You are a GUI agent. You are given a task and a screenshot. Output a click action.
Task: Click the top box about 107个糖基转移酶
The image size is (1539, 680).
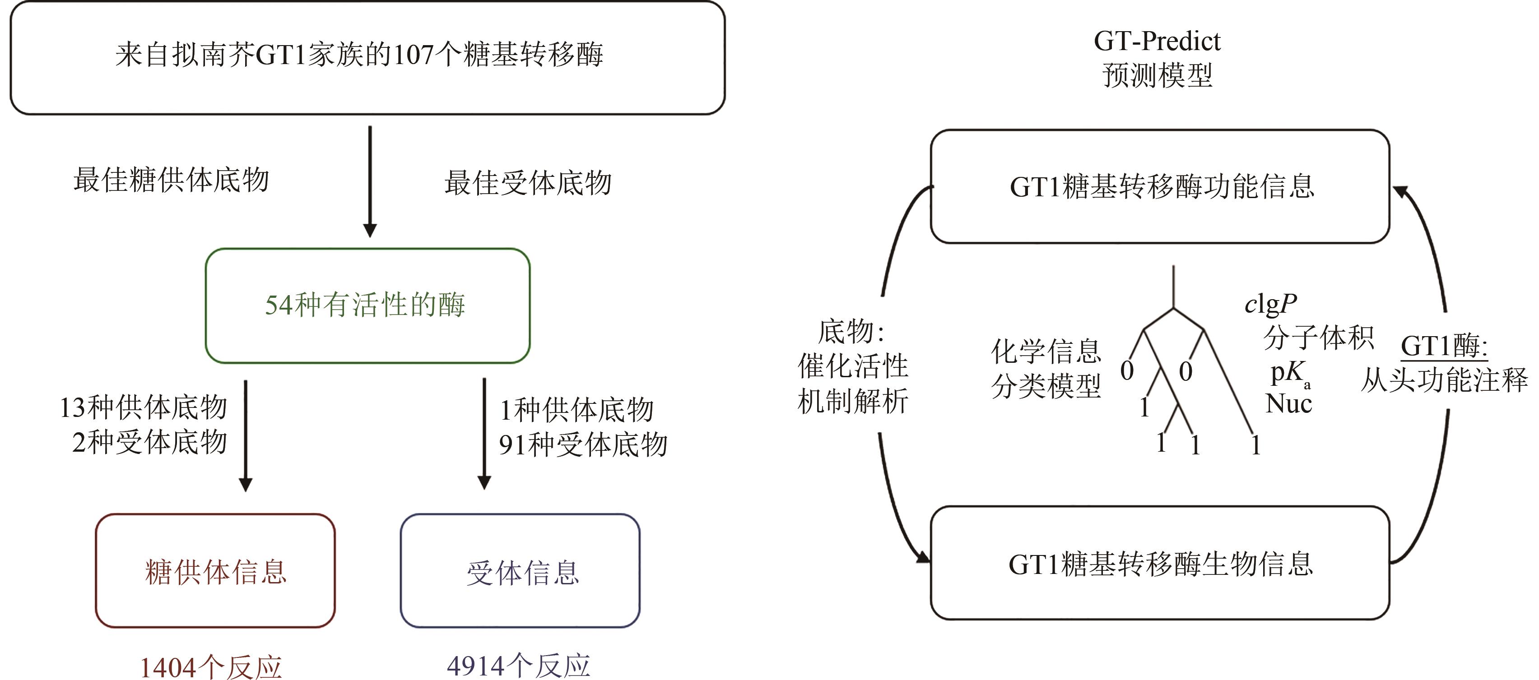pos(367,57)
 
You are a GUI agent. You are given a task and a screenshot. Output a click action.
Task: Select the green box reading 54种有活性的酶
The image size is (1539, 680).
pos(367,305)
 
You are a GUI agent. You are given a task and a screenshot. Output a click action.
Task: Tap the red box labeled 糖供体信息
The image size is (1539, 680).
pos(215,571)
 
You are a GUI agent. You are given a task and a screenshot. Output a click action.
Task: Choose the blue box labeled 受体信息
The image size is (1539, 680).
pos(520,571)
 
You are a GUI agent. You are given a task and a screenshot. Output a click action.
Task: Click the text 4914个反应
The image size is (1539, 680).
pos(518,665)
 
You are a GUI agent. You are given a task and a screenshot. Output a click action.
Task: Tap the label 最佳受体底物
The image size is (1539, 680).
pos(528,182)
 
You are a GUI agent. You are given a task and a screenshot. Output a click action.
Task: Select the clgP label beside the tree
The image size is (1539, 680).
pos(1270,305)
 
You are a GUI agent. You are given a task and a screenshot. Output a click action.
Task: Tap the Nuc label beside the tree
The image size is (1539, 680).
pos(1288,403)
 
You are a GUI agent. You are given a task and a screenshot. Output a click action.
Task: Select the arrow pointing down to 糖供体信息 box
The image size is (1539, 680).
pos(246,435)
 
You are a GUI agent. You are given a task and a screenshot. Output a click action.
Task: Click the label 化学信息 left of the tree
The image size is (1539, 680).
pos(1046,351)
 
